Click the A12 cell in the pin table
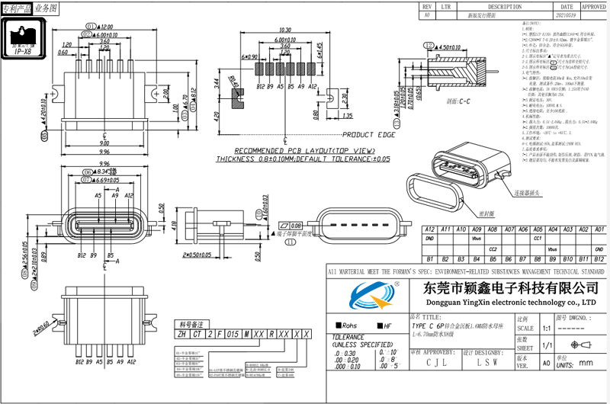click(429, 229)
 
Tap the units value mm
click(585, 363)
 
